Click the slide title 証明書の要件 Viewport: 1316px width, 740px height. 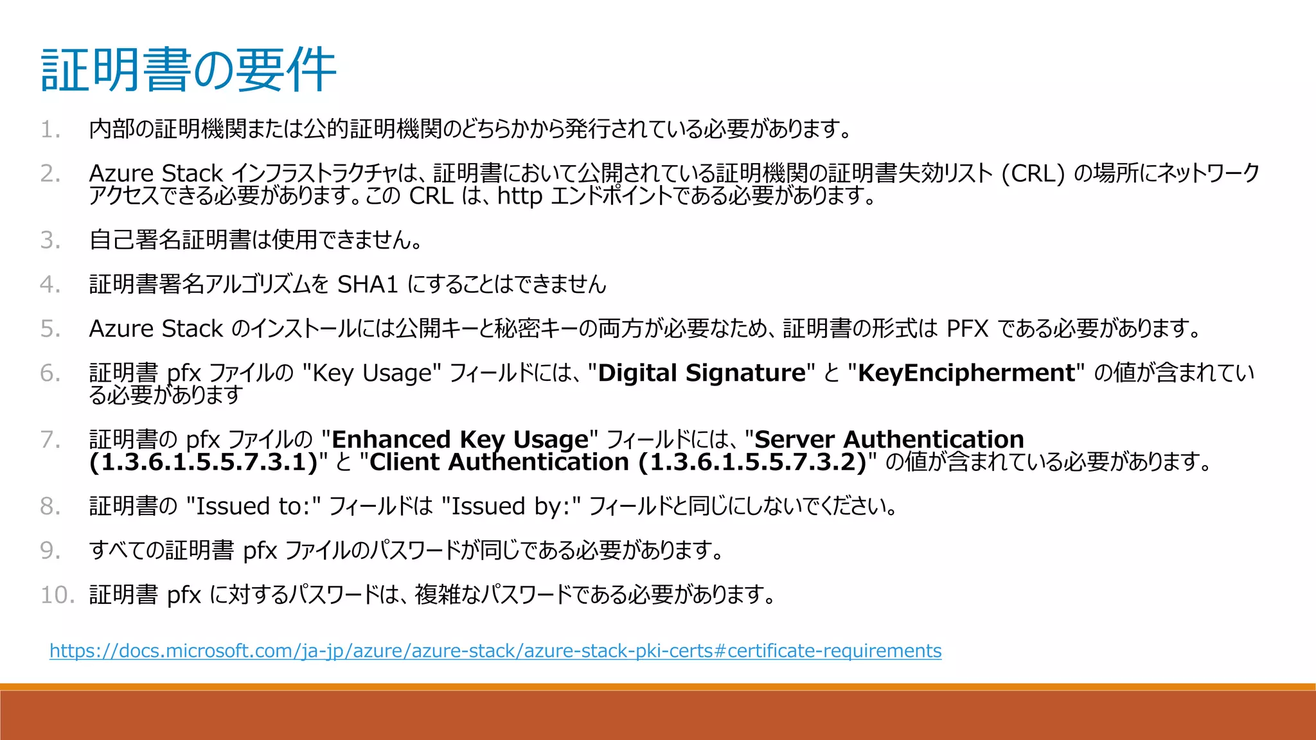pyautogui.click(x=188, y=69)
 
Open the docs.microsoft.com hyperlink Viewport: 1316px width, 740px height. pyautogui.click(x=495, y=651)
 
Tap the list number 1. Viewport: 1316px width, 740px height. pyautogui.click(x=49, y=130)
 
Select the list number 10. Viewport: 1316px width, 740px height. pyautogui.click(x=57, y=595)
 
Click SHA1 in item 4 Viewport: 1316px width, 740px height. pyautogui.click(x=368, y=284)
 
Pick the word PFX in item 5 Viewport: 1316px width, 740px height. pyautogui.click(x=967, y=329)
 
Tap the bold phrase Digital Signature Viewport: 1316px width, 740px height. pyautogui.click(x=702, y=373)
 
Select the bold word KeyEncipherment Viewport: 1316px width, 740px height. pyautogui.click(x=966, y=373)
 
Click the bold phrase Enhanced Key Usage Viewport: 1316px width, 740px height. pyautogui.click(x=459, y=439)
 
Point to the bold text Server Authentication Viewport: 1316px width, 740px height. pyautogui.click(x=889, y=439)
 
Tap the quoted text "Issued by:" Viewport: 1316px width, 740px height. pyautogui.click(x=511, y=506)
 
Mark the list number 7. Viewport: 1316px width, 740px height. pyautogui.click(x=49, y=440)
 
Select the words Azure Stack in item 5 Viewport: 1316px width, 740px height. pyautogui.click(x=156, y=329)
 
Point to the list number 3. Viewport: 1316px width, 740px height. pyautogui.click(x=49, y=240)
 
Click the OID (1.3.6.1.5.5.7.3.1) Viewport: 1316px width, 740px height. pyautogui.click(x=204, y=462)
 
